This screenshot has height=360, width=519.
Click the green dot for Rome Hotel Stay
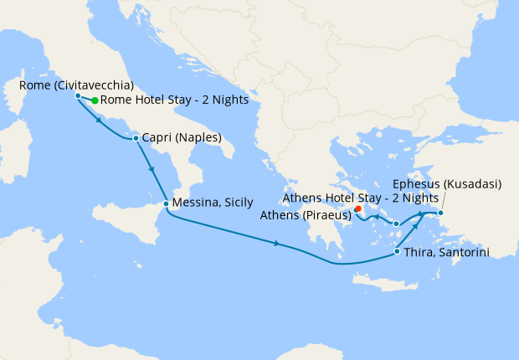click(95, 100)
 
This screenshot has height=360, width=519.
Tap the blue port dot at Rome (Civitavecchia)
click(78, 95)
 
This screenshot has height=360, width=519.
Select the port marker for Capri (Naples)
click(136, 137)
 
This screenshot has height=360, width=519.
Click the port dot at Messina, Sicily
click(166, 203)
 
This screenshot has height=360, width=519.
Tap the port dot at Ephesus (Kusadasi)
click(441, 213)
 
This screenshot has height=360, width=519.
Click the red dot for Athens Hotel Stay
click(357, 208)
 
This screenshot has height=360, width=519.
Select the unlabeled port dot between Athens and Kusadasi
click(396, 224)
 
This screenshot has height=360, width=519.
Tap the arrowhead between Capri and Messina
click(152, 170)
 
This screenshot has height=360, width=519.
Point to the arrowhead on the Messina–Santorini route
click(277, 244)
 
